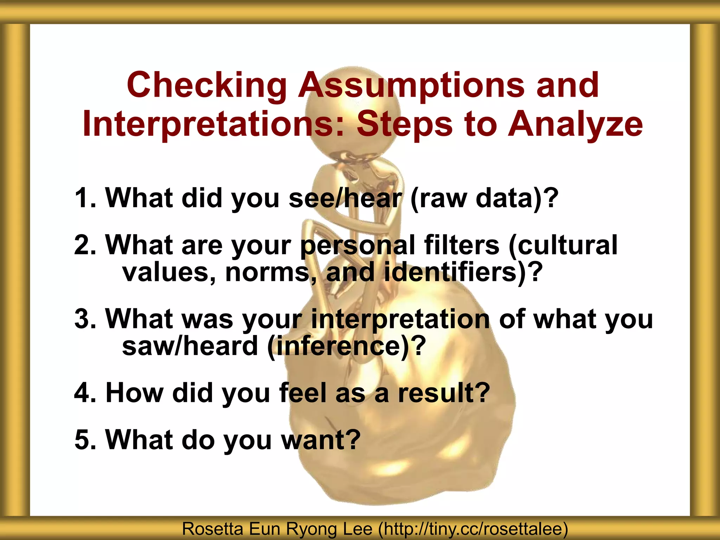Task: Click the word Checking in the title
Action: (207, 85)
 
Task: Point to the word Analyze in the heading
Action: (575, 124)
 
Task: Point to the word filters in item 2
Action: (462, 245)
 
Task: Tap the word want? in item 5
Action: (321, 439)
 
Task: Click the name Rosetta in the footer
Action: (212, 529)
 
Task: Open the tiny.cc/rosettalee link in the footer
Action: (473, 529)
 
